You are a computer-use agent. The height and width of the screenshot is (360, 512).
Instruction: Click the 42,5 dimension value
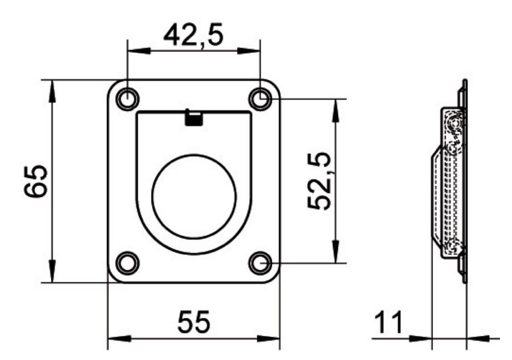[x=193, y=36]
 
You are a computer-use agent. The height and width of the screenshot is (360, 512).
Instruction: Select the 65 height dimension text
[x=36, y=181]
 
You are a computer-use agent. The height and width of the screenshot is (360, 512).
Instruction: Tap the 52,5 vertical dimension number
[x=320, y=181]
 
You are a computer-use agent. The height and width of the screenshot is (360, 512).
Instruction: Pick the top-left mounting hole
[x=127, y=100]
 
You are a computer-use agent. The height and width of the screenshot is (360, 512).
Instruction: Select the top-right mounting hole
[x=261, y=100]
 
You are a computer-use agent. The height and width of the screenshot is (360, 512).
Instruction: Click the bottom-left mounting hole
[x=127, y=263]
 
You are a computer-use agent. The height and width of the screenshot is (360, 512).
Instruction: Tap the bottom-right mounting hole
[x=261, y=263]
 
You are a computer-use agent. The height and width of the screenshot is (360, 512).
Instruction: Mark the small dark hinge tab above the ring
[x=194, y=118]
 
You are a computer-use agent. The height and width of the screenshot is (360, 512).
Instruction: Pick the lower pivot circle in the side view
[x=453, y=247]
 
